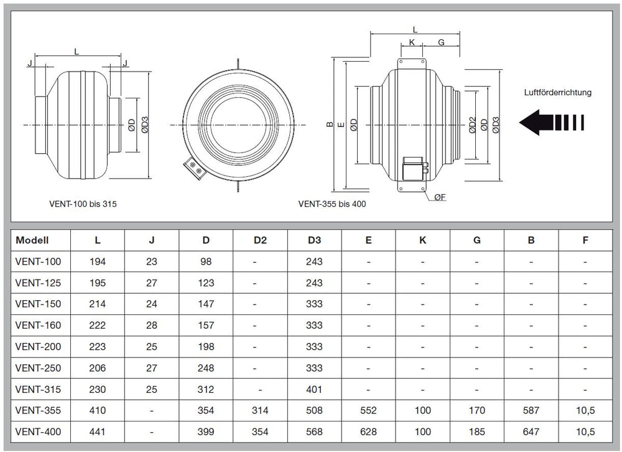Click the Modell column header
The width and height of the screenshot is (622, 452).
tap(32, 240)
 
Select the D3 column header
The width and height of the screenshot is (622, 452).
tap(314, 240)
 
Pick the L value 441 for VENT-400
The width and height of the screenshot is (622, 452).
tap(98, 431)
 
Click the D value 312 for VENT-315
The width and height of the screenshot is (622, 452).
tap(206, 389)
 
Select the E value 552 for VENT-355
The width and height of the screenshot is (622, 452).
tap(368, 410)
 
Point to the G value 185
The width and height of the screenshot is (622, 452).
tap(476, 431)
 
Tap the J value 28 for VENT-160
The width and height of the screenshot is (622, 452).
tap(152, 326)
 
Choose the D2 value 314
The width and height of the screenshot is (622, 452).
tap(260, 410)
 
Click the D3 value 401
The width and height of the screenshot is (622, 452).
tap(314, 389)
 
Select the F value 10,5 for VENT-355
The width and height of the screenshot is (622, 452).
tap(585, 410)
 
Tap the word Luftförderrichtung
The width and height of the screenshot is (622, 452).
tap(557, 92)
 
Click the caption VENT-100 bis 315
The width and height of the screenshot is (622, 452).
tap(83, 204)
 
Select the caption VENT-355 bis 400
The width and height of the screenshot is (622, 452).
tap(332, 204)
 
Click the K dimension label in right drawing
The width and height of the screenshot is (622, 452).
tap(412, 43)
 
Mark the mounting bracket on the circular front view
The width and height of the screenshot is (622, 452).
tap(193, 168)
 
